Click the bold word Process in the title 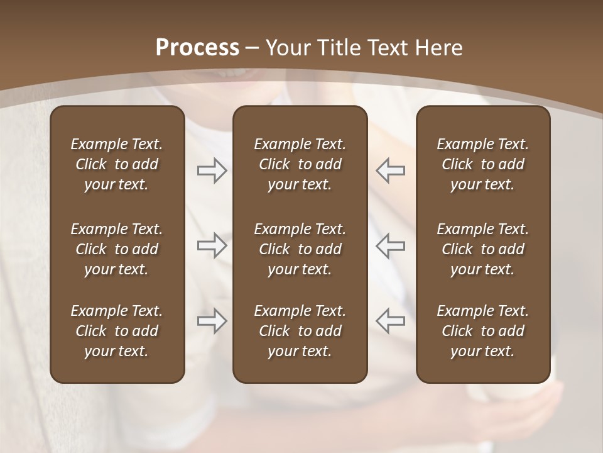(x=197, y=48)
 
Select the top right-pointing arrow (x=212, y=171)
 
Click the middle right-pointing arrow (x=212, y=245)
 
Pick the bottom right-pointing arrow (x=212, y=321)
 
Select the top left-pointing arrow (x=391, y=171)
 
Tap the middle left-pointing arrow (x=391, y=245)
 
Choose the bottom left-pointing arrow (x=391, y=321)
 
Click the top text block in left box (x=117, y=164)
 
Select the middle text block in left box (x=117, y=249)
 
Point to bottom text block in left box (x=117, y=331)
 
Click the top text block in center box (x=300, y=164)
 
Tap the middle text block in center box (x=300, y=249)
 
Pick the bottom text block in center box (x=300, y=331)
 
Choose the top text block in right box (x=482, y=164)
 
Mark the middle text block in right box (x=482, y=249)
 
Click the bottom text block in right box (x=482, y=331)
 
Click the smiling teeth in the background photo (x=233, y=72)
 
